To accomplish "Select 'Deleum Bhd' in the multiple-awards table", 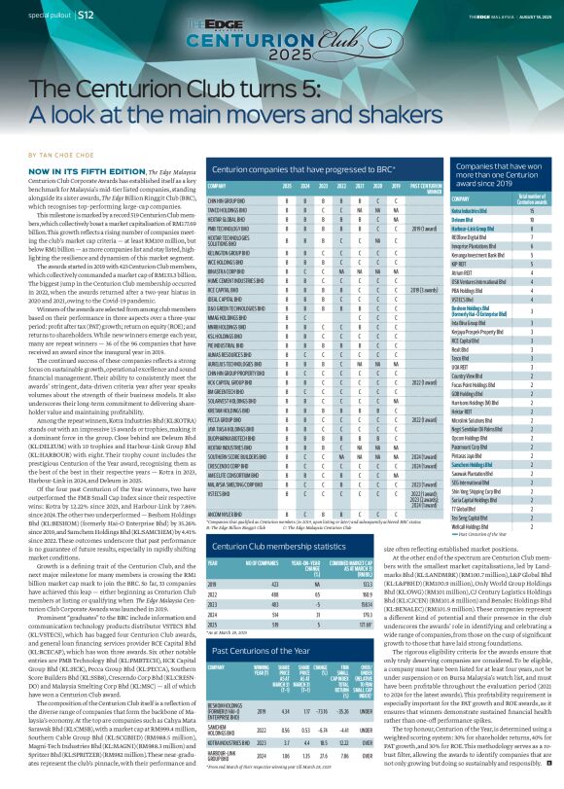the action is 464,220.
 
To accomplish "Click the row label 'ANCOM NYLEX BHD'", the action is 225,512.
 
